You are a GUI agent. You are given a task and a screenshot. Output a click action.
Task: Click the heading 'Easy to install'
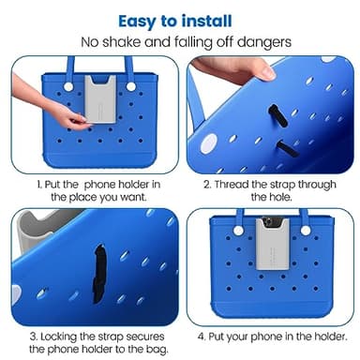179,20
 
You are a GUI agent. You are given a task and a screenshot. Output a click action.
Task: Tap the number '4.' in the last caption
199,336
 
